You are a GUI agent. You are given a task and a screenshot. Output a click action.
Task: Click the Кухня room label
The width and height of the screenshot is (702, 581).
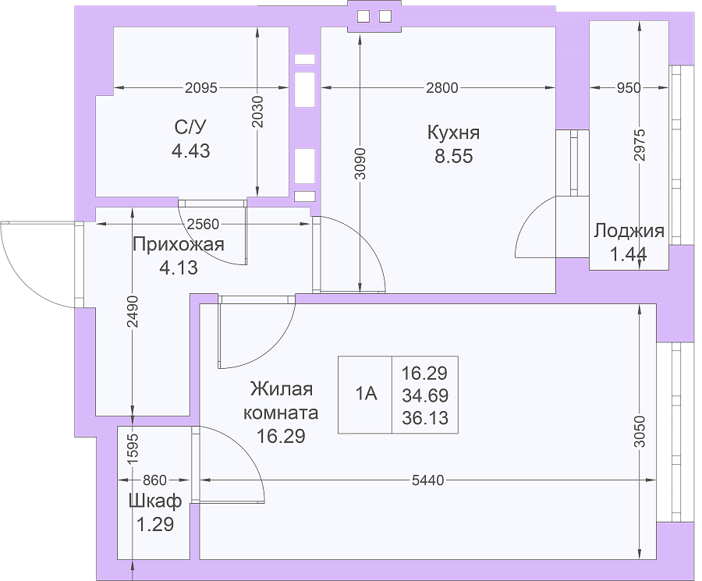pos(453,133)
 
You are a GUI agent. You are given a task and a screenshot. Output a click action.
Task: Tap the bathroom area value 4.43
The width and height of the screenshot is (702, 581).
pos(191,151)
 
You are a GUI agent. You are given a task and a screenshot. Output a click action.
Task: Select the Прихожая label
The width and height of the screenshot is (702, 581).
pos(179,246)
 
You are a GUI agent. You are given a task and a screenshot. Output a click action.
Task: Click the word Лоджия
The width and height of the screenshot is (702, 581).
pos(629,231)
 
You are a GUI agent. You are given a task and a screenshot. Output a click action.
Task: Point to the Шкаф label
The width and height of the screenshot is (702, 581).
pos(155,501)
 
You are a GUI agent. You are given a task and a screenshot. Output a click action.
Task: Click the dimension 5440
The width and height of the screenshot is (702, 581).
pos(428,480)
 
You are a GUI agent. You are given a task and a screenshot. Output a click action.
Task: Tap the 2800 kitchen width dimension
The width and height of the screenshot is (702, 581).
pos(442,88)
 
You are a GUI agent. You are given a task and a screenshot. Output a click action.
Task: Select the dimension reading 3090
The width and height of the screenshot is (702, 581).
pos(360,164)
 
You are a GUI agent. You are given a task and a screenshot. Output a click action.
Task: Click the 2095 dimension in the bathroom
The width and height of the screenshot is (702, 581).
pos(201,88)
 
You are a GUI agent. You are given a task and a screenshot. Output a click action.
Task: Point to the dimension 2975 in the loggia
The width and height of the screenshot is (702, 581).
pos(640,145)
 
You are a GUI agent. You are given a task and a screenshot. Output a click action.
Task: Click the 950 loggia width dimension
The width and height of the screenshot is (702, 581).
pos(629,88)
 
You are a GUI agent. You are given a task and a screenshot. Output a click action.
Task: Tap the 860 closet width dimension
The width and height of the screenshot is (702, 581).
pos(154,480)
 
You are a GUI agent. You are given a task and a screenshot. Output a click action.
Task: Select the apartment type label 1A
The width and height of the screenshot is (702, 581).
pos(367,394)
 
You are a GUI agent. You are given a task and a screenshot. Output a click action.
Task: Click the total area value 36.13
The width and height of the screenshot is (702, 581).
pos(425,418)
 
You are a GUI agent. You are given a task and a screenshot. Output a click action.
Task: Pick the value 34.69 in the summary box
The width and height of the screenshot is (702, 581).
pos(425,395)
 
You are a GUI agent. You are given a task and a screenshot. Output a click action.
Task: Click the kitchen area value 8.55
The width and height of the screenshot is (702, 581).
pos(453,156)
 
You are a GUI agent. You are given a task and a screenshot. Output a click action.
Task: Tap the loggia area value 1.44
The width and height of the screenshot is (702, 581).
pos(628,254)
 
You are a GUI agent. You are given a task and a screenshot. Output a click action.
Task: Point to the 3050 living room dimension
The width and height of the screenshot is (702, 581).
pos(640,432)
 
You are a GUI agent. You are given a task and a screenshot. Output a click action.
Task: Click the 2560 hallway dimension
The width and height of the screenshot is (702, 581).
pos(203,224)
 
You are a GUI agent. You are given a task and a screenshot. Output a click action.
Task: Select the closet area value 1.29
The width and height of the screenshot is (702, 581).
pos(155,524)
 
